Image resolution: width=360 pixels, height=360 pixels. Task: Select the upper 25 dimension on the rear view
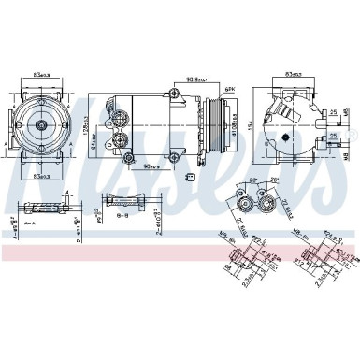333,114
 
